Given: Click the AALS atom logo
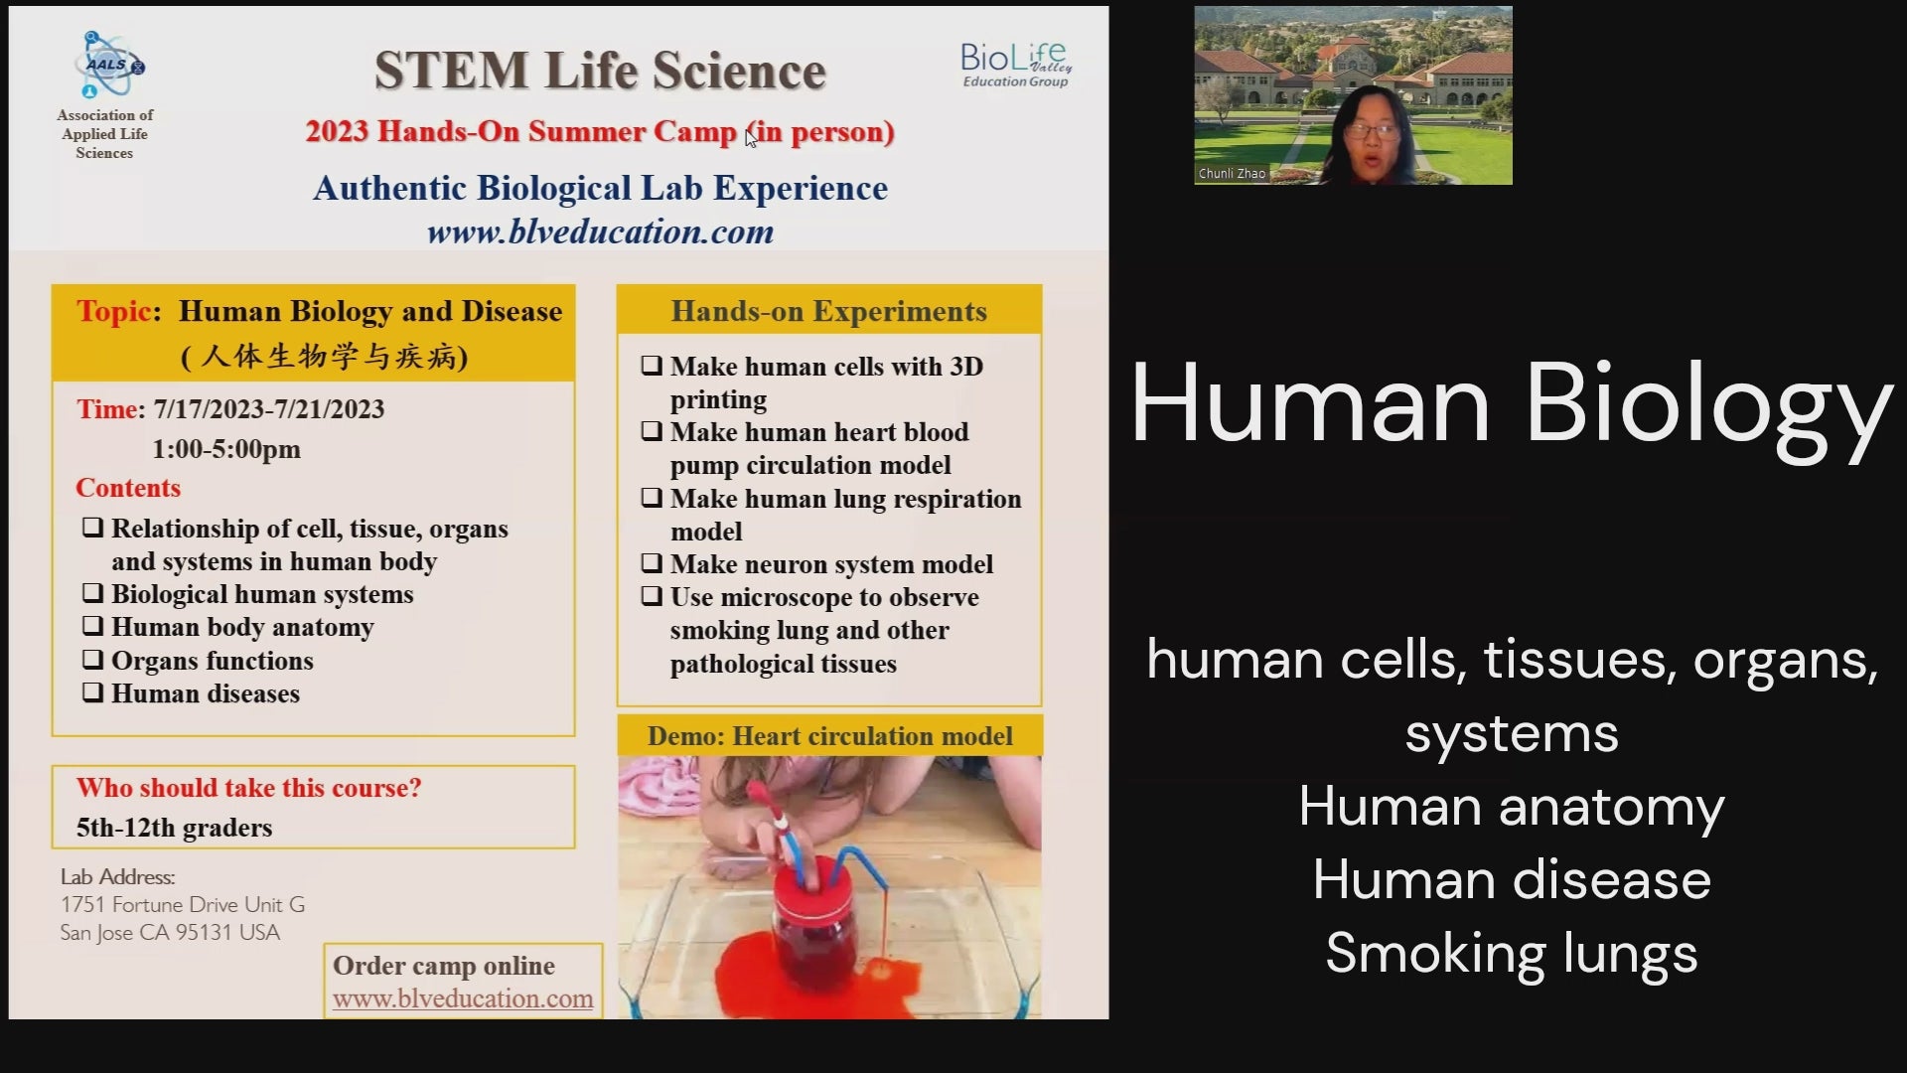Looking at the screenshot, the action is tap(108, 66).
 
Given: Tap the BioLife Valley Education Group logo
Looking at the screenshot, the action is tap(1016, 65).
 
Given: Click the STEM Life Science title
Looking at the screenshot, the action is tap(600, 72).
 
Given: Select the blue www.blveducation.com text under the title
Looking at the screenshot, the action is tap(600, 232).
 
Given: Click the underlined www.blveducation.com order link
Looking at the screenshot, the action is tap(463, 998).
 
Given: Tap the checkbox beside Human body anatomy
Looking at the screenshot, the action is tap(92, 626).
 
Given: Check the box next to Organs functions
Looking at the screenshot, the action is tap(92, 660).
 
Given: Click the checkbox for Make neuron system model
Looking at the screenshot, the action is tap(652, 563).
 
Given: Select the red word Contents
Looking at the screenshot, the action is tap(128, 488).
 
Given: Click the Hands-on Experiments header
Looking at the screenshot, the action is tap(829, 311).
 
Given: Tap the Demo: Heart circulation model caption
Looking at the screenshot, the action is tap(830, 736).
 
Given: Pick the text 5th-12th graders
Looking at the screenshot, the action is tap(174, 828).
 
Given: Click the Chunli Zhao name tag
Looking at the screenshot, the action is tap(1232, 174).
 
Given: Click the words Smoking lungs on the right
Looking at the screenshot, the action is tap(1512, 953).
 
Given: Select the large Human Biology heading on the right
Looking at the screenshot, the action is tap(1512, 405).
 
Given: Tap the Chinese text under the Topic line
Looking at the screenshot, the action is tap(325, 356).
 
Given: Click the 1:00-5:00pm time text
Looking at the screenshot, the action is tap(226, 449).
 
